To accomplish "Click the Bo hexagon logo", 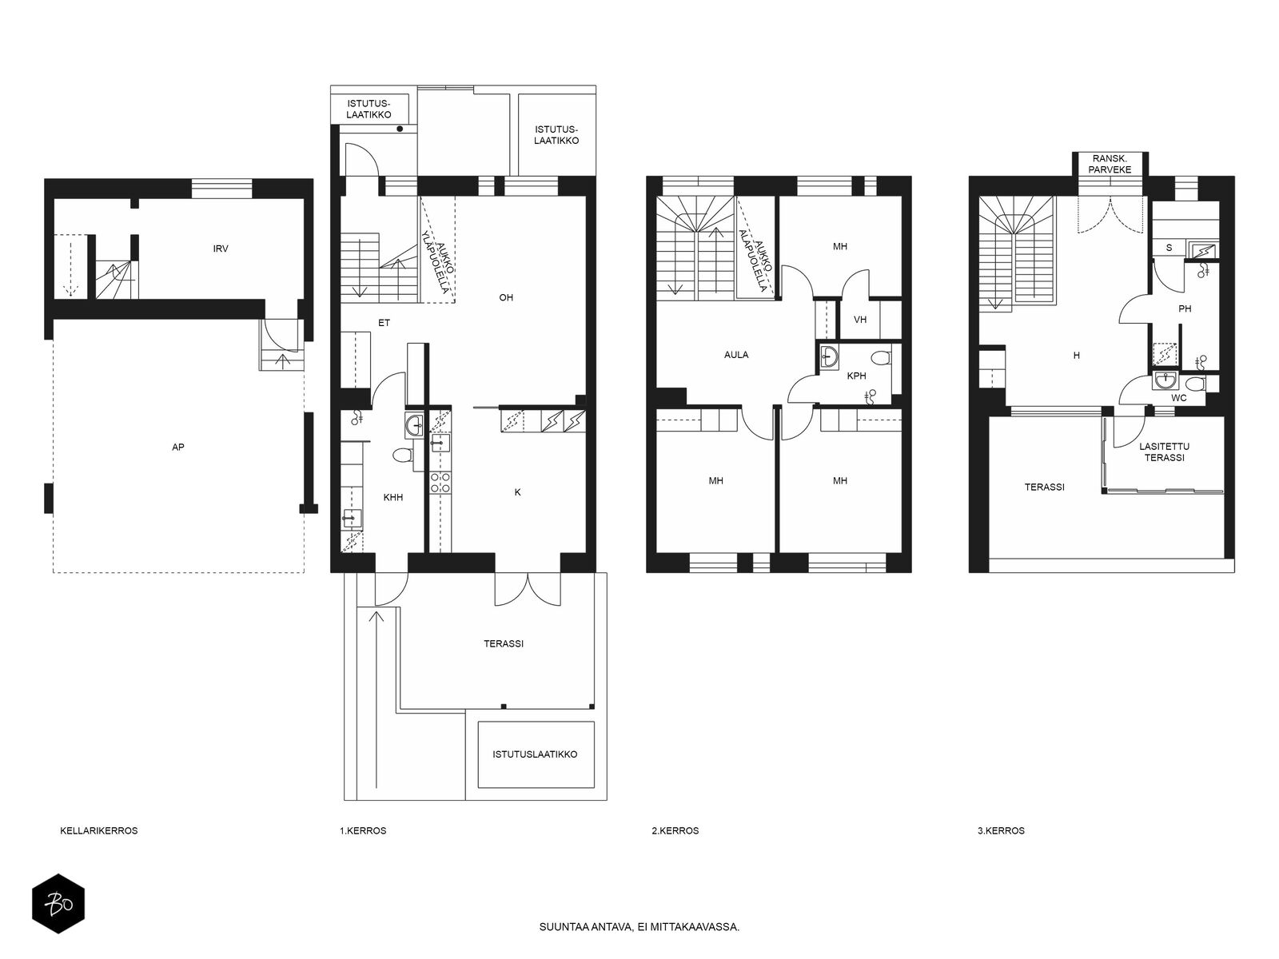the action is point(58,904).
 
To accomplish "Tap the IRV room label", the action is point(221,249).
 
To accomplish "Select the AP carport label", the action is point(177,448).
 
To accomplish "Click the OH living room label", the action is point(506,297).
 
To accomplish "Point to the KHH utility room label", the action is point(393,497).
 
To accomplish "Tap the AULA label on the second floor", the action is point(736,355).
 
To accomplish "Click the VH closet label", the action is point(860,320).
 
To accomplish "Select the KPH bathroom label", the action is point(856,376).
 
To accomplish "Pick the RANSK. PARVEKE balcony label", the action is point(1110,164).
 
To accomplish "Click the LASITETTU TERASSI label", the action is point(1164,452).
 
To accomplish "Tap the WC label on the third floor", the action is point(1179,398).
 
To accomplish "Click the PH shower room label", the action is point(1185,308).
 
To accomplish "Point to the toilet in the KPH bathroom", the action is point(882,357).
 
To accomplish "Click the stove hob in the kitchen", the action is point(440,483).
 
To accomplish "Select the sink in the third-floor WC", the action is point(1166,381).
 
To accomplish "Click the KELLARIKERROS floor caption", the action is point(99,830).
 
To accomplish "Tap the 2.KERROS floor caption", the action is point(675,830).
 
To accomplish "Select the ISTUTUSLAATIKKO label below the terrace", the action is point(535,754).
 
